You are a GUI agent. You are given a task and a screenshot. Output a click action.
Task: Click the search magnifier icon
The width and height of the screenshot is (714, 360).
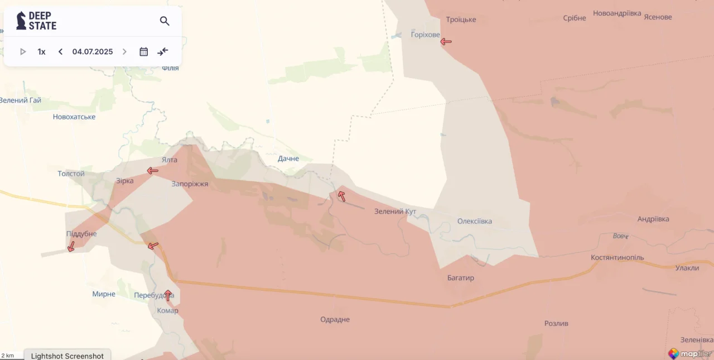click(x=165, y=21)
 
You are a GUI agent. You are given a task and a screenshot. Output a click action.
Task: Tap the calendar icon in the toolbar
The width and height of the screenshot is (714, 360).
click(x=143, y=52)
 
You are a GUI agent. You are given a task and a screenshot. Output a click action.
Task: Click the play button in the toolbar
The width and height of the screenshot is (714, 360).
click(x=23, y=52)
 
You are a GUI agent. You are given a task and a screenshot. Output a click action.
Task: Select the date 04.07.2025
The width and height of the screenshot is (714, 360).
click(x=93, y=52)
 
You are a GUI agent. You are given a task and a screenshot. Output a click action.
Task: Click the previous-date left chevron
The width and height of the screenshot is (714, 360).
click(x=60, y=52)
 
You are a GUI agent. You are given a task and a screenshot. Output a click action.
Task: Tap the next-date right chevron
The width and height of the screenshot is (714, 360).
click(x=124, y=52)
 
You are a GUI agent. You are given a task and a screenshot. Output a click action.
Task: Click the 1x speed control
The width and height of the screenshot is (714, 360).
click(x=41, y=52)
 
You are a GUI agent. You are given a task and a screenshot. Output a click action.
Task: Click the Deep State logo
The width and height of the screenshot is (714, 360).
click(x=36, y=21)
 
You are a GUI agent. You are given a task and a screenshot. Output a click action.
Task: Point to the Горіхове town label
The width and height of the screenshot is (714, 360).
click(x=425, y=35)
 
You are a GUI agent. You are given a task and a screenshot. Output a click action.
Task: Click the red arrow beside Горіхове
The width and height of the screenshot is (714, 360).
click(x=446, y=41)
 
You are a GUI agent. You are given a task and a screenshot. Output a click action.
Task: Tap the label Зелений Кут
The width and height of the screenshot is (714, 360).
click(x=395, y=212)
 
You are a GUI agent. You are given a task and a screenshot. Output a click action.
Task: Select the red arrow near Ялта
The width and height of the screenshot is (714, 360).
click(x=152, y=171)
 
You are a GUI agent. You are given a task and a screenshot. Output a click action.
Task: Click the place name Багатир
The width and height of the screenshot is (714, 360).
click(x=461, y=278)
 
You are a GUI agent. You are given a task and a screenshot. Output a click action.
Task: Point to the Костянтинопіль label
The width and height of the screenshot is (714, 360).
click(x=617, y=258)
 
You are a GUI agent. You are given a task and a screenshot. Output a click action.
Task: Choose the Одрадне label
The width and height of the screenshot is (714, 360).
click(x=335, y=320)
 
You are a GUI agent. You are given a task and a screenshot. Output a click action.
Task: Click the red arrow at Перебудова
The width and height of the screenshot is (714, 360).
click(x=167, y=295)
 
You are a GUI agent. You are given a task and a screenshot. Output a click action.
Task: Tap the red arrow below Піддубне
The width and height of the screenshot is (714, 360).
click(x=71, y=247)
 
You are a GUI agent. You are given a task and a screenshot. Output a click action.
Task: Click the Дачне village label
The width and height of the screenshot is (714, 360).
click(x=288, y=159)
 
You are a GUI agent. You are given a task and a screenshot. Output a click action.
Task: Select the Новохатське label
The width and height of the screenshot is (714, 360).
click(x=74, y=117)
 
